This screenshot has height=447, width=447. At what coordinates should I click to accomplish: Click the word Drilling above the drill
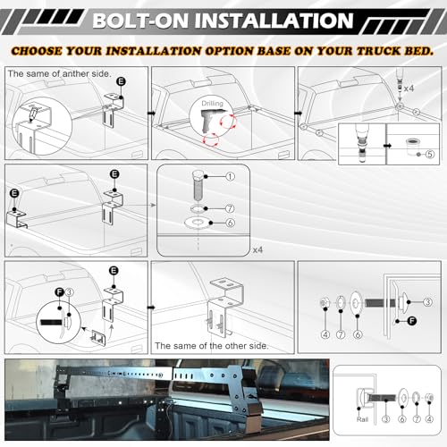click(x=212, y=104)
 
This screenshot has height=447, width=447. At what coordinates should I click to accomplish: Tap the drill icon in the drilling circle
click(x=213, y=120)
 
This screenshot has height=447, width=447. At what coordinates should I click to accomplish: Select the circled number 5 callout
click(x=429, y=154)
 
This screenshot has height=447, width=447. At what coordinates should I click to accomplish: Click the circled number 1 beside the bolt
click(x=230, y=177)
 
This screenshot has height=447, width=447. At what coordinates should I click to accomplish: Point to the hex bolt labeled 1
click(x=198, y=185)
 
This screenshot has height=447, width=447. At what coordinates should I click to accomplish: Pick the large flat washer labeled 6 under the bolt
click(x=198, y=223)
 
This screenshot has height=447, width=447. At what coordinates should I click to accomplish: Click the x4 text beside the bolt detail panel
click(x=257, y=249)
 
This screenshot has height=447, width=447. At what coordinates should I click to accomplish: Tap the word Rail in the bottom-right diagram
click(x=362, y=419)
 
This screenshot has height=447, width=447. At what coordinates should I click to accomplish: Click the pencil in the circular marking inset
click(x=33, y=114)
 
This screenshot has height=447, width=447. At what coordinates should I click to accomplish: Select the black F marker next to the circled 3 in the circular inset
click(x=60, y=292)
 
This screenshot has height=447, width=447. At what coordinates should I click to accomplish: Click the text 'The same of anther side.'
click(x=59, y=73)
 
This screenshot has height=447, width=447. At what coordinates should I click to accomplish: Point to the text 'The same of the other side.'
click(x=212, y=346)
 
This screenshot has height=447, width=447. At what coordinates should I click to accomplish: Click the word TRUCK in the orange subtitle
click(x=378, y=51)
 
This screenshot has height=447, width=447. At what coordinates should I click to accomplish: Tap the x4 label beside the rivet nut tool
click(x=409, y=89)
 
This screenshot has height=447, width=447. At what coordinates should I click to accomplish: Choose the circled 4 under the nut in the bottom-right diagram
click(x=429, y=419)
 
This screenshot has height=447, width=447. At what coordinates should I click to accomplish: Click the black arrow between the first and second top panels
click(x=151, y=114)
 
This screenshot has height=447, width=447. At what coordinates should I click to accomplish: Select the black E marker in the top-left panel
click(x=121, y=81)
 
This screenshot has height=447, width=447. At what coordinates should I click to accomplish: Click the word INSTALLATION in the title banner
click(x=274, y=21)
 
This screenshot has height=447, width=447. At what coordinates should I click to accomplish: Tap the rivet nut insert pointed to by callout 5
click(x=413, y=146)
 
